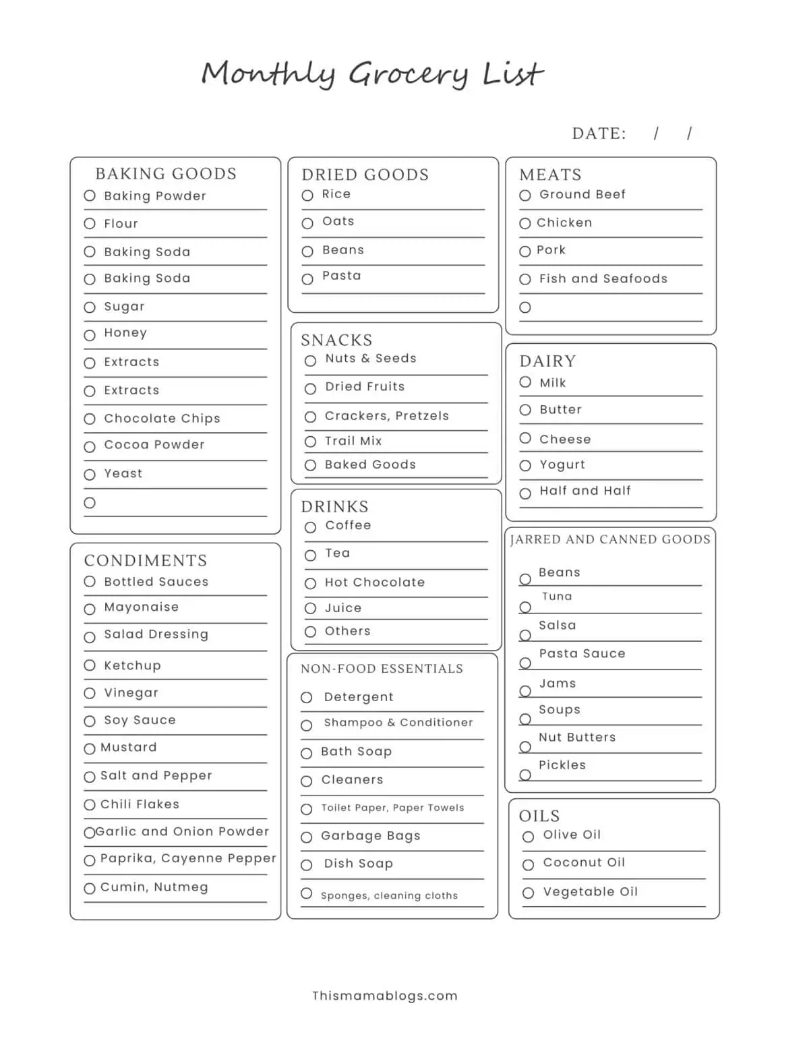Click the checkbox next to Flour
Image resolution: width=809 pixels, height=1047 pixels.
(90, 224)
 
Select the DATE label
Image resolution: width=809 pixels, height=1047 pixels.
(599, 133)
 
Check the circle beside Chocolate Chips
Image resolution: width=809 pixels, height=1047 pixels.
(90, 419)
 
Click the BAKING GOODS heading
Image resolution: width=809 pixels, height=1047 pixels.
(166, 174)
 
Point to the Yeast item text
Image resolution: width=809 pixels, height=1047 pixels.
(123, 473)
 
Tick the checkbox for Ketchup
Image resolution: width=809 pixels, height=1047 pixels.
(90, 665)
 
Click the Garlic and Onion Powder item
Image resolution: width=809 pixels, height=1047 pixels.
(182, 831)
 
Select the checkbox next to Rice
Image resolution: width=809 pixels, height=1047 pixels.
(307, 196)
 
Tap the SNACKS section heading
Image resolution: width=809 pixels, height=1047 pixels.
(336, 340)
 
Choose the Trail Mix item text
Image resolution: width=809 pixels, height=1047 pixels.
(353, 441)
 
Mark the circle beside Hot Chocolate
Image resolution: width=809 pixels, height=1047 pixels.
(310, 583)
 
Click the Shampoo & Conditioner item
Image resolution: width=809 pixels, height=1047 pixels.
(398, 722)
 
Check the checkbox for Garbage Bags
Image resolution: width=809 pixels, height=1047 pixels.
(307, 837)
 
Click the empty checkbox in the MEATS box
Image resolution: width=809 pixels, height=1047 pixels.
(525, 307)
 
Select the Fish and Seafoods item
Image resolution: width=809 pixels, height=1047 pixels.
(603, 278)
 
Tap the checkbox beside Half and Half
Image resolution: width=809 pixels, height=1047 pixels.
(525, 493)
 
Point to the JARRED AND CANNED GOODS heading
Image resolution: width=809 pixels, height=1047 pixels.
(610, 539)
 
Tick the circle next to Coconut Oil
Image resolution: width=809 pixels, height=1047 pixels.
(529, 865)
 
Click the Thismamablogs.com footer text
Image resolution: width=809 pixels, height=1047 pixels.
(384, 996)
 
